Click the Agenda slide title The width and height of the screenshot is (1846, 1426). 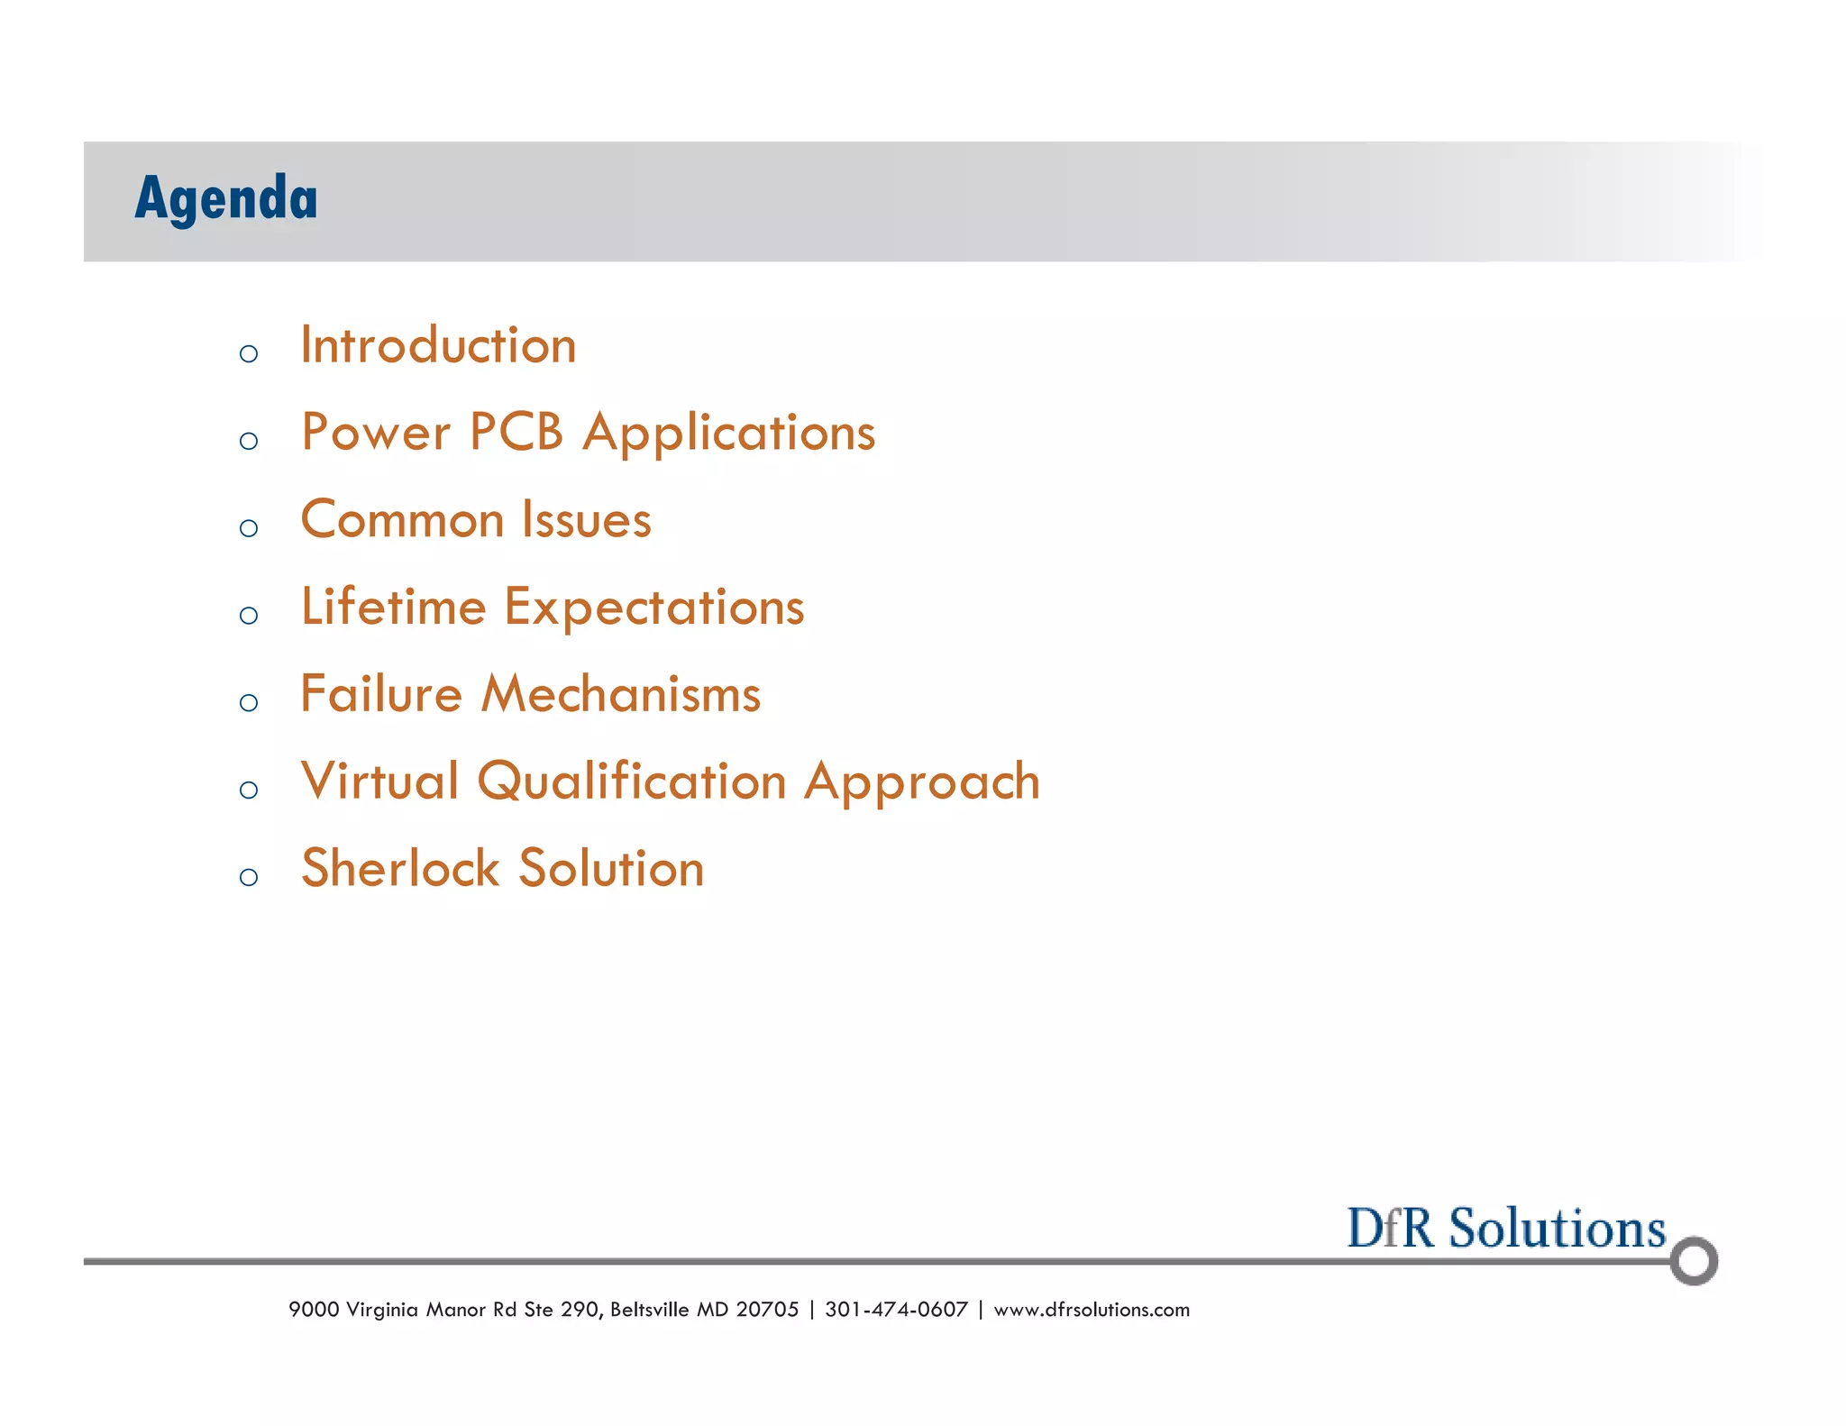coord(225,198)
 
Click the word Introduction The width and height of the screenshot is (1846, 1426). coord(438,346)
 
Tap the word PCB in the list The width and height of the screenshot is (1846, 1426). coord(516,433)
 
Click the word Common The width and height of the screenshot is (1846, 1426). coord(402,521)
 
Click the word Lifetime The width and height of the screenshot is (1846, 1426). coord(393,608)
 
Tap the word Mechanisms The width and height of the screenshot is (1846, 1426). coord(621,695)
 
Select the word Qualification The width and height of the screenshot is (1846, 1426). coord(632,782)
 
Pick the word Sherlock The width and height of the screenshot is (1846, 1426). coord(400,869)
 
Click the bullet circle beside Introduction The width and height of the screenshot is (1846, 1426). coord(249,353)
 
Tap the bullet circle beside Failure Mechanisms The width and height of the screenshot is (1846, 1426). coord(249,702)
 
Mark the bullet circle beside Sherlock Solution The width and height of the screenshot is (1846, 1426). coord(249,877)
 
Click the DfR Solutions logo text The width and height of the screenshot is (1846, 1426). coord(1505,1229)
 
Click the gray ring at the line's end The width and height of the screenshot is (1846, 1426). coord(1693,1261)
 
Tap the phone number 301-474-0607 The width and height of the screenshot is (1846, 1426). coord(896,1310)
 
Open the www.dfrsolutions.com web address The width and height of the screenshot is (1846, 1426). coord(1092,1310)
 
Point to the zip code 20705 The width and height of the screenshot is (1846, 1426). coord(767,1310)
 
